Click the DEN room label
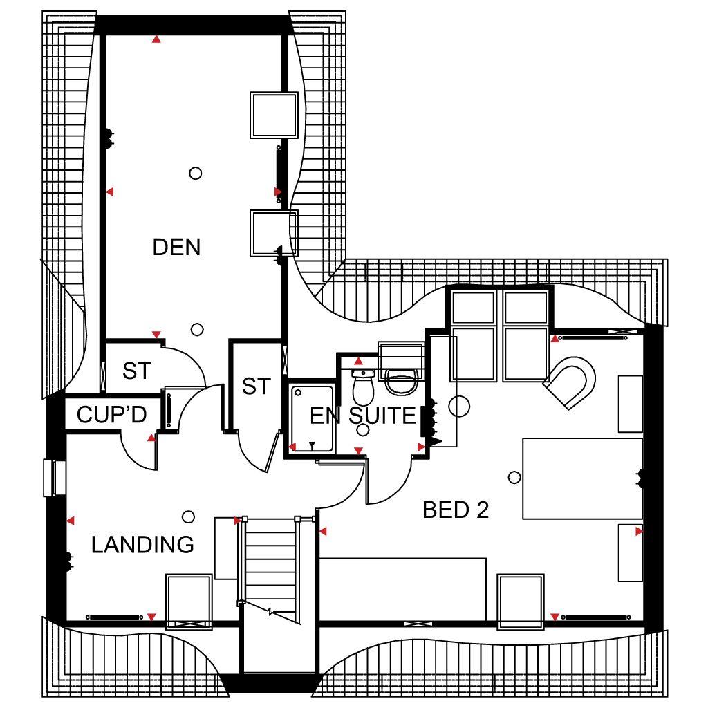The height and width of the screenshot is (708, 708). [176, 247]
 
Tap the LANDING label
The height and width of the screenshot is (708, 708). [142, 545]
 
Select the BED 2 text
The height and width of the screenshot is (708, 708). [456, 510]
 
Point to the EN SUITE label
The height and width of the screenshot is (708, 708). [362, 416]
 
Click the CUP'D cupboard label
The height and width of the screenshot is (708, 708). [111, 415]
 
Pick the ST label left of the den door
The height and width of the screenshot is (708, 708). [137, 371]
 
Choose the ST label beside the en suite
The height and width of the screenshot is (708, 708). [256, 386]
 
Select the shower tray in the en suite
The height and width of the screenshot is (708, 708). [312, 418]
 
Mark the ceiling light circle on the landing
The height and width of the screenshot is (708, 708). [188, 516]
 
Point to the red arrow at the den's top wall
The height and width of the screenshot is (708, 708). [156, 39]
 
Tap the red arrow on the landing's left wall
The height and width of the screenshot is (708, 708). [71, 521]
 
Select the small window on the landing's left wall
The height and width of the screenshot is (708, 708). [55, 478]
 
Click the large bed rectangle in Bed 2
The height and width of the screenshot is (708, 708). [582, 478]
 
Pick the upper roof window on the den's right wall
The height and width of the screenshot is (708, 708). [274, 115]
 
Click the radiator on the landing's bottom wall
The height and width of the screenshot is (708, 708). [114, 617]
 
